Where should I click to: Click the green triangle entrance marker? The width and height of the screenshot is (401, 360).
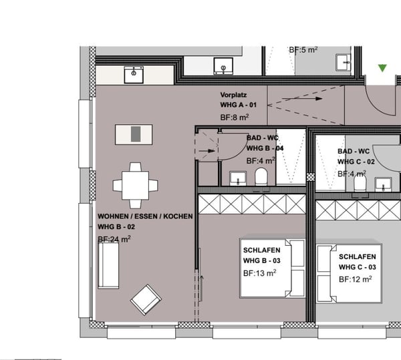click(382, 68)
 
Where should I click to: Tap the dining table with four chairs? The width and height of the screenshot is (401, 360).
click(135, 186)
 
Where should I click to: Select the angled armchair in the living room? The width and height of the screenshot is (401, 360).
click(146, 300)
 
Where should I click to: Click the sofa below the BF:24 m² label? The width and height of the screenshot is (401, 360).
click(108, 265)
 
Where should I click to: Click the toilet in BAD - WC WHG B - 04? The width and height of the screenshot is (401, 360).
click(261, 176)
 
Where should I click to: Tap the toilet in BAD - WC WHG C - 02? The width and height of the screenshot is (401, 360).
click(360, 183)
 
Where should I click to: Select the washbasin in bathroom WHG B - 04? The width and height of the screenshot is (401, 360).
click(238, 178)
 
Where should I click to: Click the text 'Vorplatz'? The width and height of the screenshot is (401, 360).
click(233, 95)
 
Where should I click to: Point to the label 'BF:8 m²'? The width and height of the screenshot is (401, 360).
click(235, 118)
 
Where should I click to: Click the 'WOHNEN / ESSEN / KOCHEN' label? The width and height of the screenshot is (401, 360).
click(145, 216)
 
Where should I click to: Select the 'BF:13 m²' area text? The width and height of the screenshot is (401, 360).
click(259, 273)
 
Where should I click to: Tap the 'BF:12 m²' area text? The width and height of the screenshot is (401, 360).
click(356, 279)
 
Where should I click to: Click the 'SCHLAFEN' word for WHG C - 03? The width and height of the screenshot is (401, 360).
click(358, 256)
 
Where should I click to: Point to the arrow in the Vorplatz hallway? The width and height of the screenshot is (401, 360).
click(302, 99)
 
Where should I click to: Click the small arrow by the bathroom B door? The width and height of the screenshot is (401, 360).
click(207, 151)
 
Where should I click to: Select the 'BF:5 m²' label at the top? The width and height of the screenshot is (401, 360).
click(303, 49)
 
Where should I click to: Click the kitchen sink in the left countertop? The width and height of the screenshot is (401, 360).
click(134, 75)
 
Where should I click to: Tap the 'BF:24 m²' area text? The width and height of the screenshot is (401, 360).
click(114, 239)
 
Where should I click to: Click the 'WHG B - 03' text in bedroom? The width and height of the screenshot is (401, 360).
click(261, 260)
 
